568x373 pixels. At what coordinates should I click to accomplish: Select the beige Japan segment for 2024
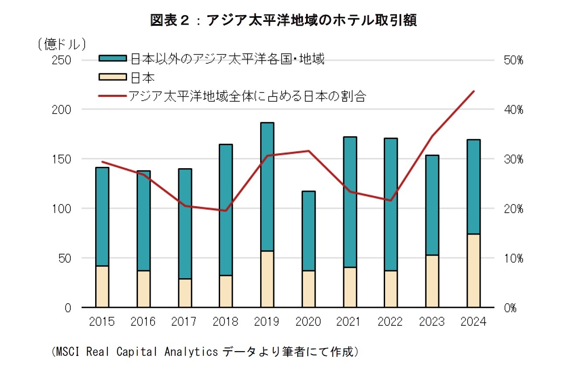point(473,271)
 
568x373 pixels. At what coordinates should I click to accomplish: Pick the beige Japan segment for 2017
point(185,293)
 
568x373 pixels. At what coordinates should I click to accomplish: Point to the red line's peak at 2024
point(474,91)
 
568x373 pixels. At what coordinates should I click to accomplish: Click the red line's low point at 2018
point(226,211)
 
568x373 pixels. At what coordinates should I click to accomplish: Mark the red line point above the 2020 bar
point(308,151)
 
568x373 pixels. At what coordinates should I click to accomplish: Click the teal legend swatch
point(113,59)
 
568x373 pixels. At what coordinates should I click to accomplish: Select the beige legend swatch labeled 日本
point(113,77)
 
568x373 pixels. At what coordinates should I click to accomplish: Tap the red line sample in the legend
point(113,96)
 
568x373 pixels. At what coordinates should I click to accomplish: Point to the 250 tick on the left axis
point(61,60)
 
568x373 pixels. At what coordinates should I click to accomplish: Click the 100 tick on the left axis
point(61,209)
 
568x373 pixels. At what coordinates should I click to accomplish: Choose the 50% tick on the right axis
point(513,60)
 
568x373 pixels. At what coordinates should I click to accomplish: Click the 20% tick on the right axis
point(513,209)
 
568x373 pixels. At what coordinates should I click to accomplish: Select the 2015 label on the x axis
point(102,322)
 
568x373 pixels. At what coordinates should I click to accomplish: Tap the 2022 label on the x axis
point(390,322)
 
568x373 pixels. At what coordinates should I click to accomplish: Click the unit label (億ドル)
point(61,44)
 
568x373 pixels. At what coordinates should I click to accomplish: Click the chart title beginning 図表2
point(283,20)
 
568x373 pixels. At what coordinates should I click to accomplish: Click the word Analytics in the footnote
point(191,352)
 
